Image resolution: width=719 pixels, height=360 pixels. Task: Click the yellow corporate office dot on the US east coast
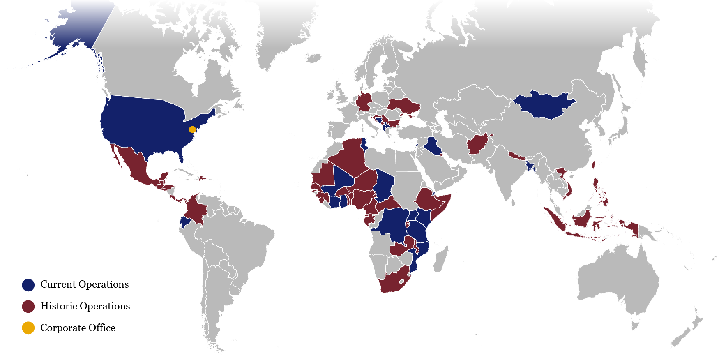192,129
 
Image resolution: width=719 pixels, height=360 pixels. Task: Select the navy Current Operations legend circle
28,285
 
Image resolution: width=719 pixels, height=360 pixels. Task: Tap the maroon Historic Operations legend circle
28,307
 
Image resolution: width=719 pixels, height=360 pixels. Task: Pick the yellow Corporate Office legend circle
28,328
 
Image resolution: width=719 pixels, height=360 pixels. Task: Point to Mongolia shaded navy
544,105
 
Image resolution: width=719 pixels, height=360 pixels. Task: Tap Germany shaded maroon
364,102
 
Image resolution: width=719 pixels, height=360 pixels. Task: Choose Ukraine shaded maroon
405,106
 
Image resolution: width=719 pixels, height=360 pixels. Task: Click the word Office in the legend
102,328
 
